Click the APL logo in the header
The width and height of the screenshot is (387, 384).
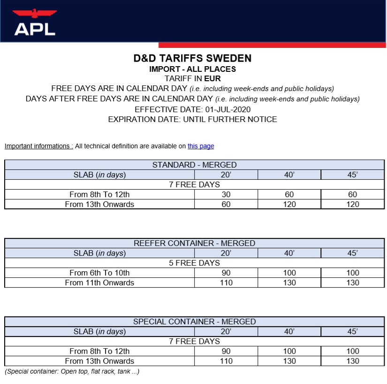(35, 23)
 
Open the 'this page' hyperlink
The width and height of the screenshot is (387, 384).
(201, 146)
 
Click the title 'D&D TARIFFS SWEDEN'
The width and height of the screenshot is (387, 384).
(192, 59)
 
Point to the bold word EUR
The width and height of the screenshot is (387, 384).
(212, 78)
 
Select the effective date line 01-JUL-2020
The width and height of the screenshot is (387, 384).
(192, 109)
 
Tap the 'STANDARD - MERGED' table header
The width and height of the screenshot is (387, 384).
(194, 165)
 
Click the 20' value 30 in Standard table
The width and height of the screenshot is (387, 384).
(226, 194)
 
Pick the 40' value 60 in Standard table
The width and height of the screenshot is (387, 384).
(289, 194)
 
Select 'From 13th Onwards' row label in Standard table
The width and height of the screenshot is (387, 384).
(99, 204)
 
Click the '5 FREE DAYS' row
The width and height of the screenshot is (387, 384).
(194, 263)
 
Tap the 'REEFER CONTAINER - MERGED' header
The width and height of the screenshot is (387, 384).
(194, 243)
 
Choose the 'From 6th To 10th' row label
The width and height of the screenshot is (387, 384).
(99, 273)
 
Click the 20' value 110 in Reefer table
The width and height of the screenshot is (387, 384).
(226, 283)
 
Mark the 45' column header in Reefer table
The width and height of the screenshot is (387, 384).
(353, 253)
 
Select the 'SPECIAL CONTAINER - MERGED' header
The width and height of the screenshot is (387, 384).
(194, 322)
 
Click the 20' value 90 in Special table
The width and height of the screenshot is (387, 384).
(226, 351)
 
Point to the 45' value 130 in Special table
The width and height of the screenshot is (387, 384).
(353, 361)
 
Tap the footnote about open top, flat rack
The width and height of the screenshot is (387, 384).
(72, 371)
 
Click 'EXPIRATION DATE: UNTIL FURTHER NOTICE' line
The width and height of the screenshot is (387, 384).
(192, 119)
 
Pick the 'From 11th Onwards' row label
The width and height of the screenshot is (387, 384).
(99, 283)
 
